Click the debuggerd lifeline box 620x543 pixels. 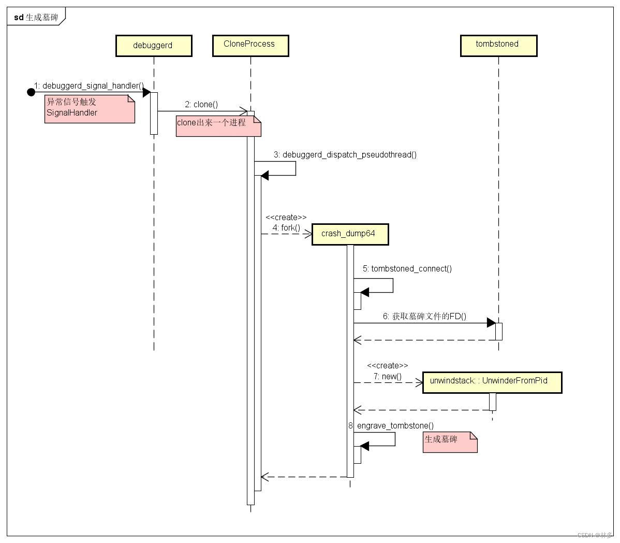(154, 46)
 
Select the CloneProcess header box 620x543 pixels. (250, 45)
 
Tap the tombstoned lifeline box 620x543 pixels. (498, 45)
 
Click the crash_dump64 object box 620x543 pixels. (349, 234)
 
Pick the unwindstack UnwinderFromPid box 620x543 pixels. (492, 382)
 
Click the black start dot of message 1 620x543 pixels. (31, 92)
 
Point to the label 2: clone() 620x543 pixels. (201, 105)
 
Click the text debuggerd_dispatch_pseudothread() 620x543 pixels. (349, 154)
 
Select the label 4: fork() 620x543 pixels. (286, 227)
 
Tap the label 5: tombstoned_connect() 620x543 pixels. (407, 268)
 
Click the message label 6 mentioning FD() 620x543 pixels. (424, 316)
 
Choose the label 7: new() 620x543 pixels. (388, 376)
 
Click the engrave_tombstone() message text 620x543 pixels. (395, 426)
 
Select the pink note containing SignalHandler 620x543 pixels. (89, 108)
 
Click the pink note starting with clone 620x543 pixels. (217, 126)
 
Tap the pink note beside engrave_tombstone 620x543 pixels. (449, 442)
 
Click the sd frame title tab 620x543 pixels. (36, 17)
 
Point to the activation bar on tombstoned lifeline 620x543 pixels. (498, 331)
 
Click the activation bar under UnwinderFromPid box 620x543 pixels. (492, 402)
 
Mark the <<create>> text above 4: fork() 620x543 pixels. (286, 218)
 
